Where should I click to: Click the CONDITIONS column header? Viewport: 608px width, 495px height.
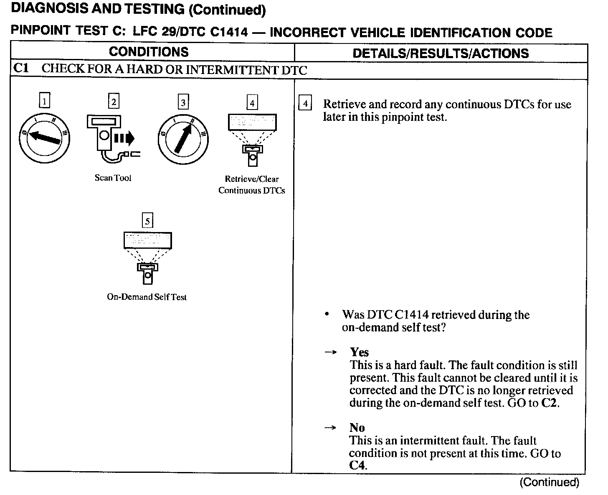(149, 52)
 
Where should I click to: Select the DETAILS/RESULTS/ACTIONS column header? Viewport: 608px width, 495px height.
(441, 53)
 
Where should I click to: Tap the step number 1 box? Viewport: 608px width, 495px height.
(44, 101)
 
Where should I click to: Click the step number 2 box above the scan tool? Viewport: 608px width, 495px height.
(113, 101)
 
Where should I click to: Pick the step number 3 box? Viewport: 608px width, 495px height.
(183, 102)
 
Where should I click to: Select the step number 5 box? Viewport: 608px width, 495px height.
(147, 220)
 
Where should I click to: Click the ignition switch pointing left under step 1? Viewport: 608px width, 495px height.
(44, 138)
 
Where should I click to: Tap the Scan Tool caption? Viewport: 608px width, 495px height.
(113, 178)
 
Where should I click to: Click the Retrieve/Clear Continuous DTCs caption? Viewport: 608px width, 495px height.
(251, 185)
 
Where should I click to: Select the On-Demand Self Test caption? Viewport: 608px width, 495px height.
(147, 297)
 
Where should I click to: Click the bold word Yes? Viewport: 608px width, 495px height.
(359, 352)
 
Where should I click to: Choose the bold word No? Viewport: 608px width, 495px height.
(357, 428)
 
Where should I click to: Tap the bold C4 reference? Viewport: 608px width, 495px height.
(357, 465)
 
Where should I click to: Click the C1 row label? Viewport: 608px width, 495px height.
(21, 69)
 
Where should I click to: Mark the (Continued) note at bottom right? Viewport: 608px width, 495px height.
(549, 482)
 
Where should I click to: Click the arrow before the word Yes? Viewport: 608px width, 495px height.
(331, 352)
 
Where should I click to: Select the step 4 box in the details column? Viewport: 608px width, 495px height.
(305, 103)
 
